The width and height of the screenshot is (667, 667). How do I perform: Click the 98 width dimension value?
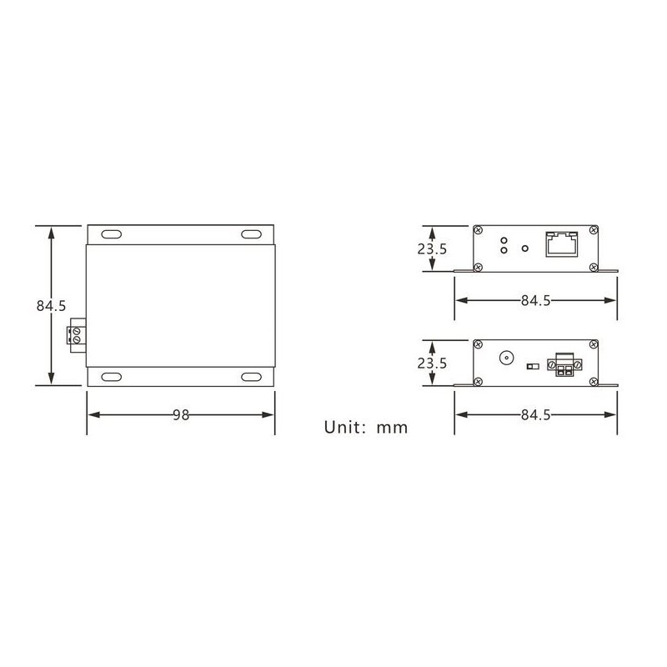click(x=180, y=415)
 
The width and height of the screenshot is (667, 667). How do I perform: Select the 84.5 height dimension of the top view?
click(x=51, y=306)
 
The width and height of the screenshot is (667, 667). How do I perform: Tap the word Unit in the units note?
click(x=342, y=428)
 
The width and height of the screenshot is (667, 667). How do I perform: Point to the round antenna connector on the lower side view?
click(x=506, y=360)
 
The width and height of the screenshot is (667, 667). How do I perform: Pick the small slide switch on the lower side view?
click(x=531, y=365)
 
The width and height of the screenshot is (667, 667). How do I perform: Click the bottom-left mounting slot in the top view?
click(x=112, y=378)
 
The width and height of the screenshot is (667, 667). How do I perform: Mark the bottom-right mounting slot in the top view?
click(x=251, y=378)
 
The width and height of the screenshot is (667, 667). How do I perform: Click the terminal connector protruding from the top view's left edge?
click(x=76, y=334)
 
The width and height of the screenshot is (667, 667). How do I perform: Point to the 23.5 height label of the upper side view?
click(x=433, y=248)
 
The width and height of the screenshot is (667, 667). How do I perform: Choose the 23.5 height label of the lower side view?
click(x=433, y=364)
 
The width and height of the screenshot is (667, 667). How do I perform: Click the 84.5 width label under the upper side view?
click(x=535, y=301)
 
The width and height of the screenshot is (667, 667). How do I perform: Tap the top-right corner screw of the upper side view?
click(x=593, y=229)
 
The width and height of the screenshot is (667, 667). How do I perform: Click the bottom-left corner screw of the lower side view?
click(x=478, y=382)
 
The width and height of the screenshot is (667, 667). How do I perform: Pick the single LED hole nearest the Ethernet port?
click(x=524, y=247)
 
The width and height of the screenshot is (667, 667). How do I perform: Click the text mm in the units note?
click(x=392, y=429)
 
